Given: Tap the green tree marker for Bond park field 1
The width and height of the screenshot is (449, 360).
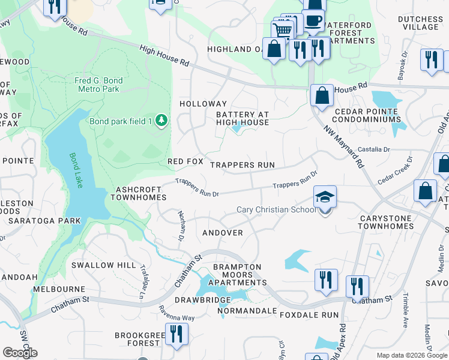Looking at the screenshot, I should (x=161, y=121).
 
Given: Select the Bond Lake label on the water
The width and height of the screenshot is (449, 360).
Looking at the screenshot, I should (x=75, y=170).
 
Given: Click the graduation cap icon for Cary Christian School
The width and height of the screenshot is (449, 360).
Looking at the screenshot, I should (x=325, y=197).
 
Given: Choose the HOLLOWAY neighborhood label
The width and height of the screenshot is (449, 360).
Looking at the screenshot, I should (x=203, y=104).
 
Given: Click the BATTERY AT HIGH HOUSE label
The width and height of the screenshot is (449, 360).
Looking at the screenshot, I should (x=243, y=118).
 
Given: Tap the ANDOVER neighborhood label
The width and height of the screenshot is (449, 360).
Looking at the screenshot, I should (x=223, y=233).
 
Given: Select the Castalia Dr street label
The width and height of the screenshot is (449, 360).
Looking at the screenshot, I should (x=373, y=149).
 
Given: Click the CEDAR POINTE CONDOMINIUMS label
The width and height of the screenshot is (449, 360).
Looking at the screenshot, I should (x=366, y=115).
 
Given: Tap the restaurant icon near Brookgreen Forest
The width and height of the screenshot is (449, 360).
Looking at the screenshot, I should (x=176, y=334).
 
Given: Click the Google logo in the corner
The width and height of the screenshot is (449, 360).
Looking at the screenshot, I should (x=20, y=352).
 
